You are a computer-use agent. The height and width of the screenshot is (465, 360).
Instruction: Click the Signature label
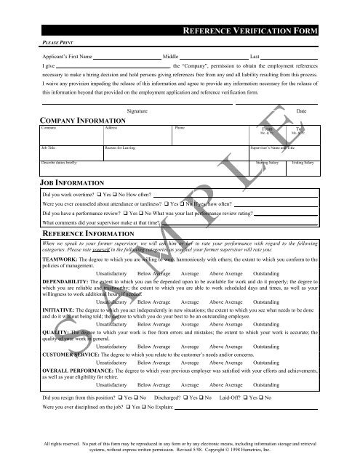(x=138, y=111)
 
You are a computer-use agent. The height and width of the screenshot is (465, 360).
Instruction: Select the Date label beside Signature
(x=302, y=111)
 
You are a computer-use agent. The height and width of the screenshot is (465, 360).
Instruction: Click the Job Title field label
(x=48, y=147)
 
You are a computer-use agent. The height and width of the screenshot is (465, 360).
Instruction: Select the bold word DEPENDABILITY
(x=65, y=280)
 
